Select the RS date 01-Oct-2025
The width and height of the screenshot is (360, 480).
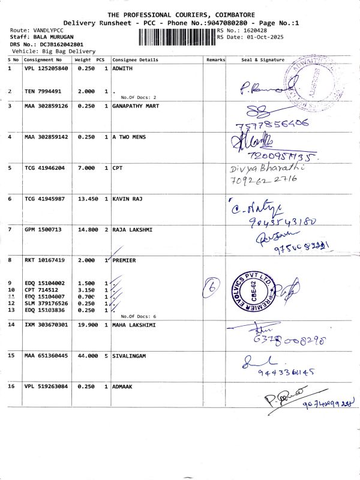pyautogui.click(x=257, y=37)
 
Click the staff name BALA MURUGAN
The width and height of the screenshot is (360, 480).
pyautogui.click(x=50, y=37)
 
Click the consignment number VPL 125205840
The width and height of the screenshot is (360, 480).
pyautogui.click(x=46, y=69)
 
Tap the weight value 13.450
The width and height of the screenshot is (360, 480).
pyautogui.click(x=87, y=199)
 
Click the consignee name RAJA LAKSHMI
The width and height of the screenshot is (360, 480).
pyautogui.click(x=131, y=230)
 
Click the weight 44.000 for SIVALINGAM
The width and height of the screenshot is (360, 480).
pyautogui.click(x=87, y=356)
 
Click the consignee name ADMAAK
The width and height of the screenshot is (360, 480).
pyautogui.click(x=122, y=387)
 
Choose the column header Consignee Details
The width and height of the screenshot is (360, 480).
pyautogui.click(x=135, y=60)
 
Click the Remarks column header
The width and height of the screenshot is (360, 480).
pyautogui.click(x=215, y=60)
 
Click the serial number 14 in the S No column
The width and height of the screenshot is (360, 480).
pyautogui.click(x=11, y=325)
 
